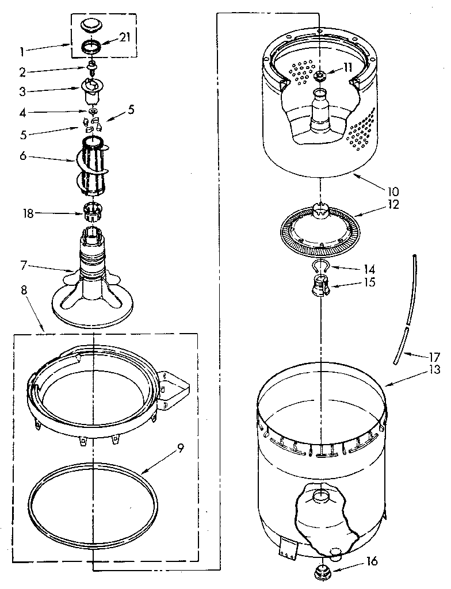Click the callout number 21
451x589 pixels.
pyautogui.click(x=125, y=38)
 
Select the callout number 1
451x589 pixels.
pyautogui.click(x=21, y=51)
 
